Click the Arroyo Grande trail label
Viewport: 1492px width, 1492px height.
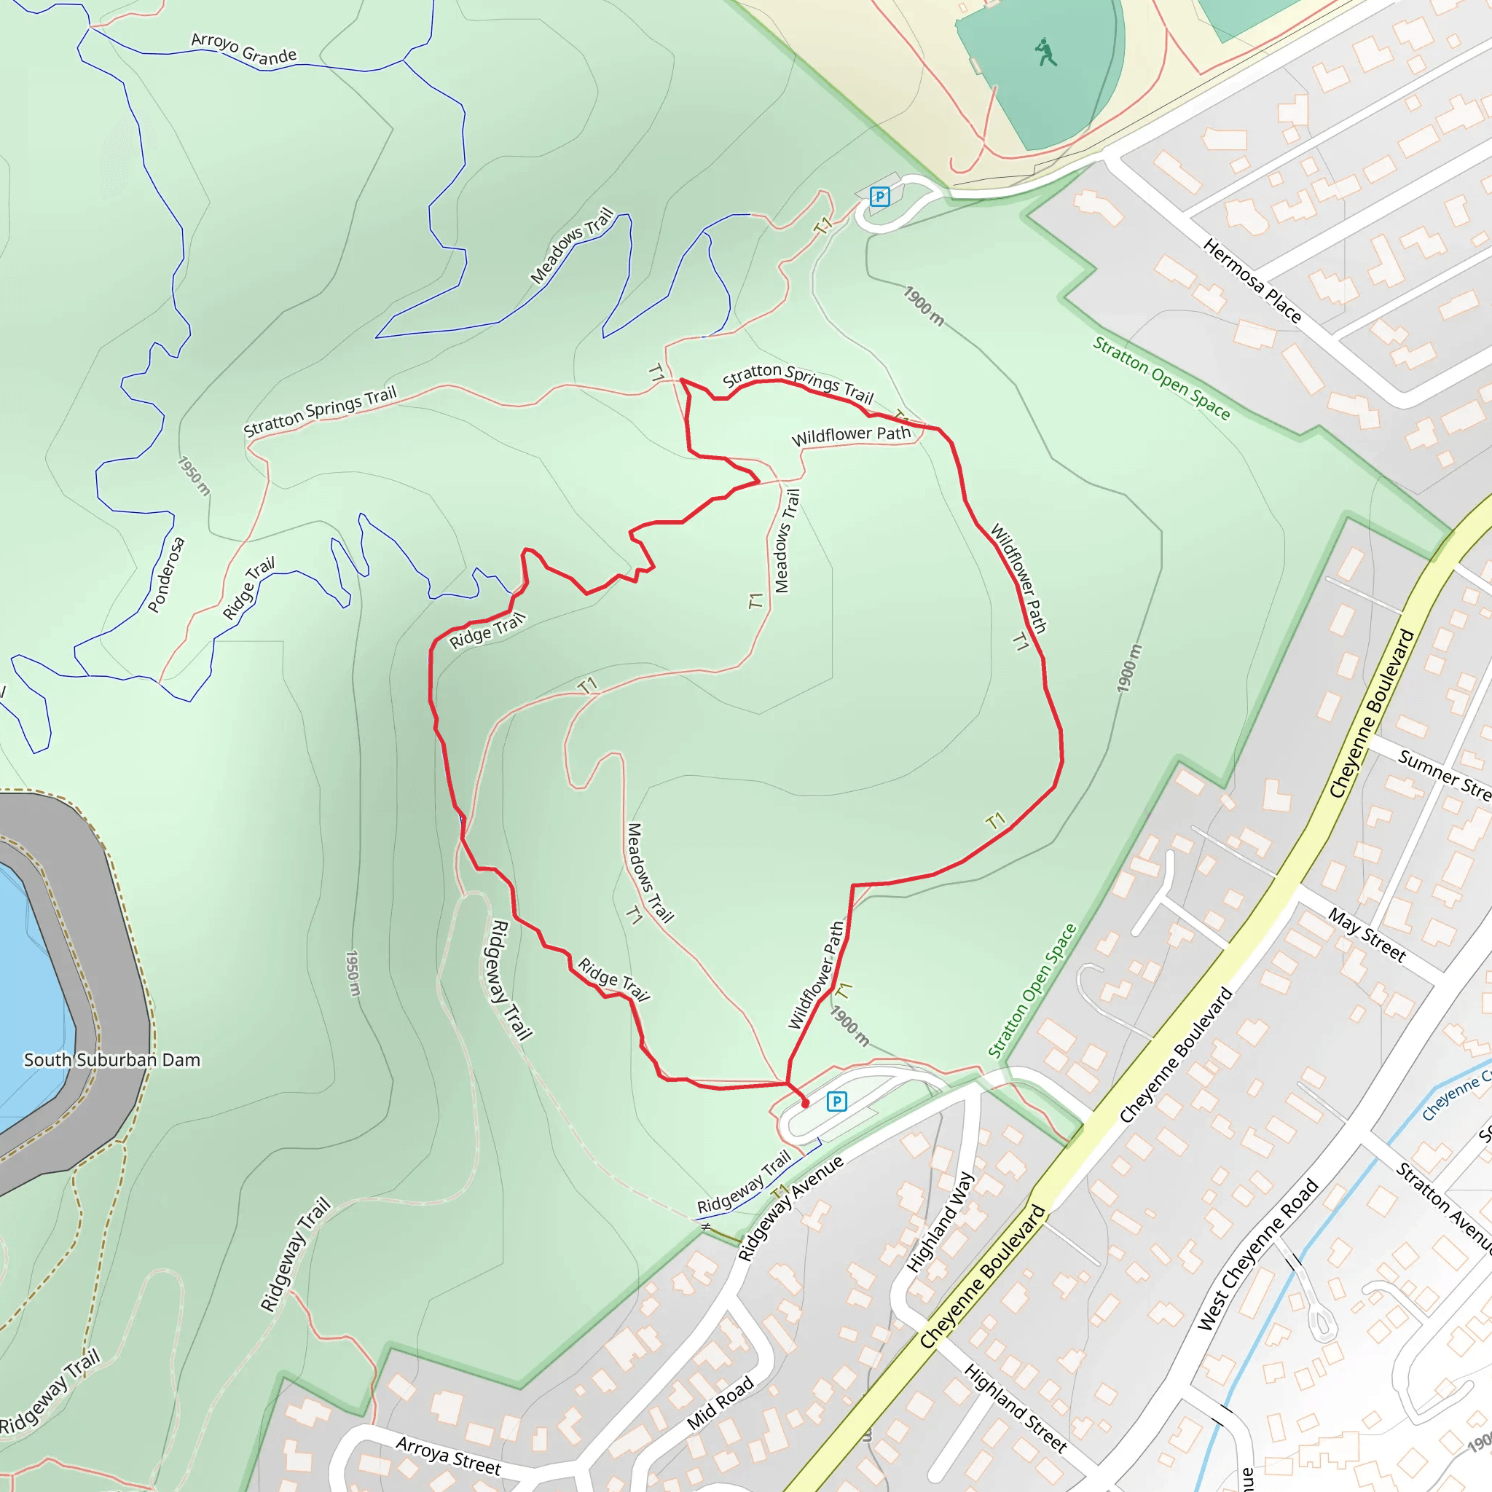(243, 49)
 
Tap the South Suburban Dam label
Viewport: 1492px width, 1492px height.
(112, 1059)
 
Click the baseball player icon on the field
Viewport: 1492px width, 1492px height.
(1045, 52)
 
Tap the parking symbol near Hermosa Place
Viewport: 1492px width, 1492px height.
(879, 196)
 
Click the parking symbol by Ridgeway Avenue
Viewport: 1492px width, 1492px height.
(836, 1102)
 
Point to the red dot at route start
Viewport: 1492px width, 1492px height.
(805, 1104)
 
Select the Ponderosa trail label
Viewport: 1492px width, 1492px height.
(166, 575)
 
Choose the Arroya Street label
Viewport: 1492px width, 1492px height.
(448, 1455)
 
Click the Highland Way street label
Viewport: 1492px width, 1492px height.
(939, 1222)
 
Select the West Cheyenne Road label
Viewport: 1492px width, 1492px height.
(1257, 1255)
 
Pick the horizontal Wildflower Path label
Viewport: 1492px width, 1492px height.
(851, 436)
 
